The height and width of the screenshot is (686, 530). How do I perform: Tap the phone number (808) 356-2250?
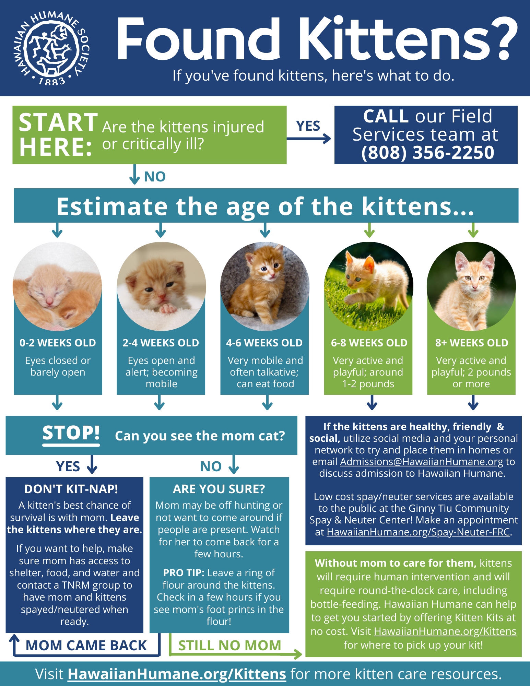point(427,152)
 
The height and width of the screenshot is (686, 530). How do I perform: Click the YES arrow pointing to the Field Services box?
point(309,139)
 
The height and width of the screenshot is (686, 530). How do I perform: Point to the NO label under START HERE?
point(155,177)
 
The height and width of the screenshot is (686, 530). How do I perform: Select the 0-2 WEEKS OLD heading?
point(58,343)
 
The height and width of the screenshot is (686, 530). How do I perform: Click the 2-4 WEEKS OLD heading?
point(161,343)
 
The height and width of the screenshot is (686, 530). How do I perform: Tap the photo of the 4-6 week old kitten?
point(265,286)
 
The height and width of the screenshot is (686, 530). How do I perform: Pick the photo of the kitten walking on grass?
point(368,286)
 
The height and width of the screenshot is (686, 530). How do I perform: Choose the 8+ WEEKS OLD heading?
point(472,343)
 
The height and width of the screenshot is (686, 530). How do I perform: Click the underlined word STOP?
point(71,433)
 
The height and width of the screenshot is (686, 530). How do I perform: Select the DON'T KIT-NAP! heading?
point(71,489)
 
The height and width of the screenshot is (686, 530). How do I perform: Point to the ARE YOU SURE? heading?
point(219,489)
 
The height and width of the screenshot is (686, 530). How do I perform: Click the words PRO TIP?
point(184,573)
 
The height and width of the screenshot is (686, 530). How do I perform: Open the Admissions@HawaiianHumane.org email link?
point(422,462)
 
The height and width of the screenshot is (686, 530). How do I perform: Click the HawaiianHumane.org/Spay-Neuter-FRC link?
point(418,532)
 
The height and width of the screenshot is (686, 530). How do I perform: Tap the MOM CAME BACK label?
point(86,646)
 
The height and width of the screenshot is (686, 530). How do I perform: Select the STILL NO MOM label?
point(229,646)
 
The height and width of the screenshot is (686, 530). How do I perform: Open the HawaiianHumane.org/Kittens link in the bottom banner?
point(177,674)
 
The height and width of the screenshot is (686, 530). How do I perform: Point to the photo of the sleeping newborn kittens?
point(57,286)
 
